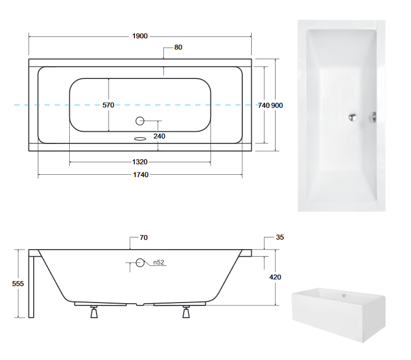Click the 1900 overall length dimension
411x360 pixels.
140,36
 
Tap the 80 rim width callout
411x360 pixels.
178,48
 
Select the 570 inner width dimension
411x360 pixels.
108,105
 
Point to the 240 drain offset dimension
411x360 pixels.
159,136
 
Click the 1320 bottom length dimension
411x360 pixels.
140,162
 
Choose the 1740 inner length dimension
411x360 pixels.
141,175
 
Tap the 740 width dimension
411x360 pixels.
264,106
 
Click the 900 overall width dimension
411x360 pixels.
277,106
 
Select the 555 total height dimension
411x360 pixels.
18,283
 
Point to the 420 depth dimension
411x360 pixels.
275,277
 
